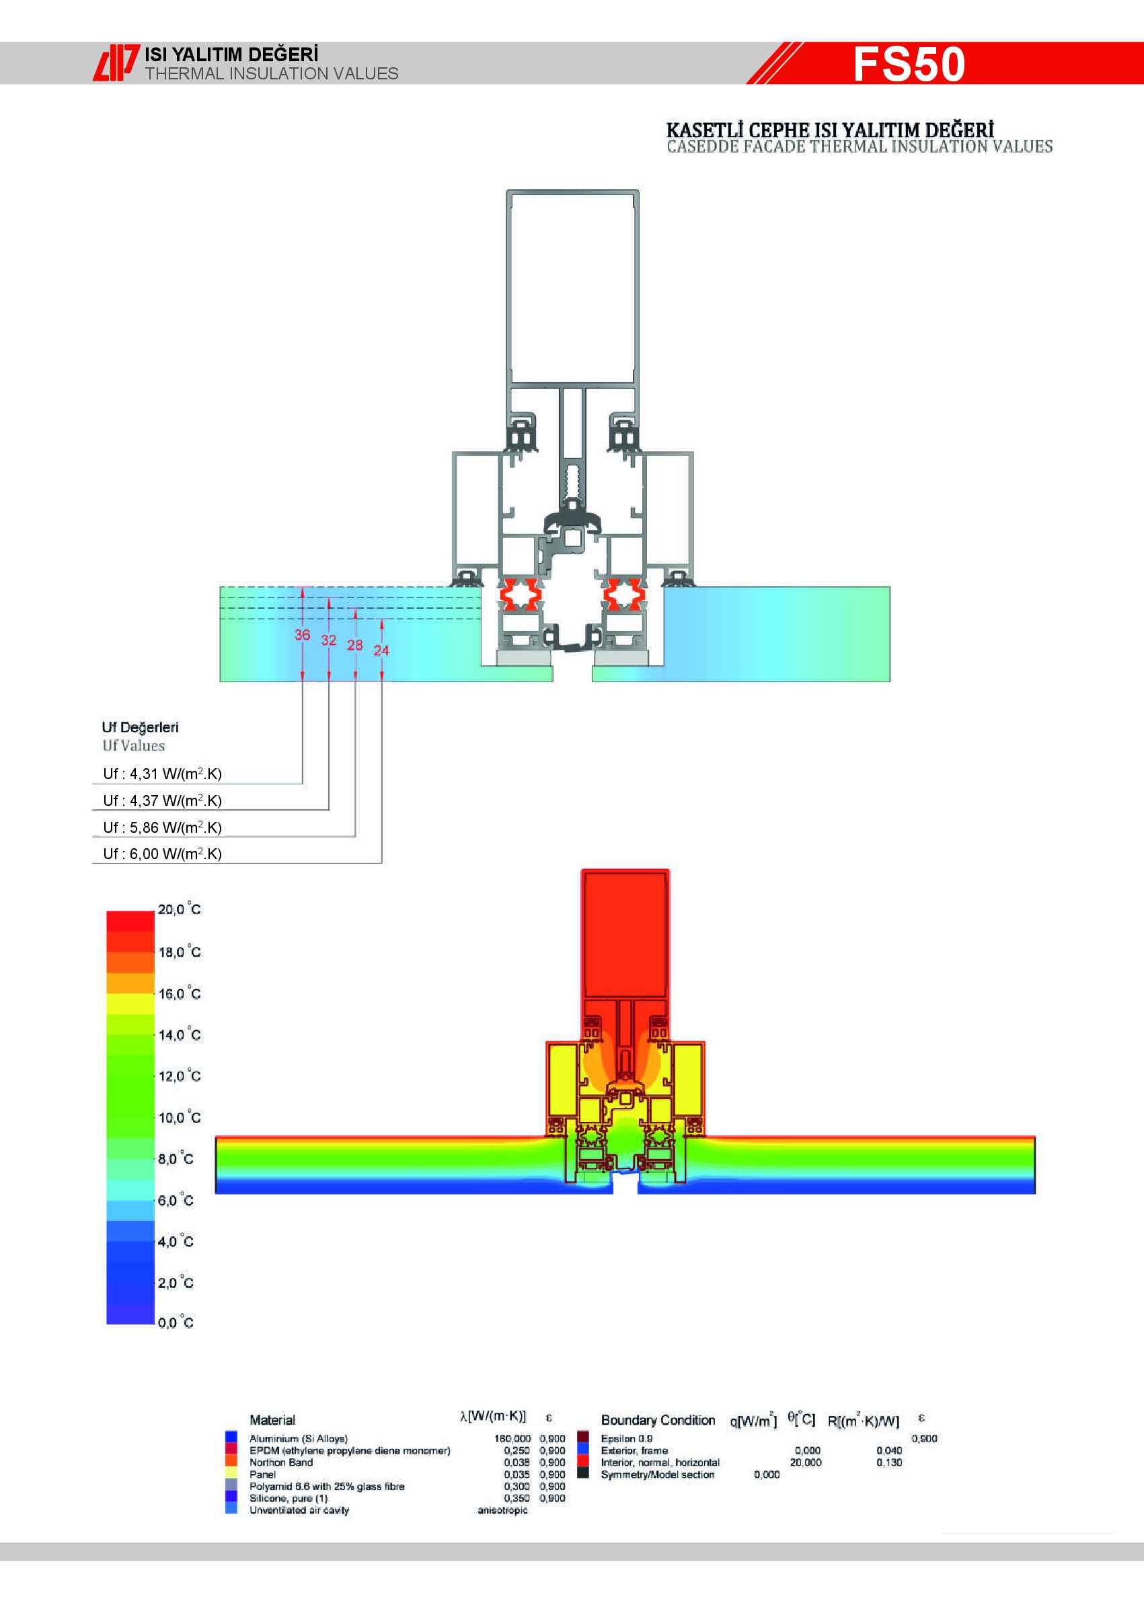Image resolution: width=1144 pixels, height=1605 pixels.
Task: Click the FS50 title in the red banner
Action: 909,64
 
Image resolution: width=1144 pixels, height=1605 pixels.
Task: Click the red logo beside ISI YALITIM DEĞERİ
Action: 116,63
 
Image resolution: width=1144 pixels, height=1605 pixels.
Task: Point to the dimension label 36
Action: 302,635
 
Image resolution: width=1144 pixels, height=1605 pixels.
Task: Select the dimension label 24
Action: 381,650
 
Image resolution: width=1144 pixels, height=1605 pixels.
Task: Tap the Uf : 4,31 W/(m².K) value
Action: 162,774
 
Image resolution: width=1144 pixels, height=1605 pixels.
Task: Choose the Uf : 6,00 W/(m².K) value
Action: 162,854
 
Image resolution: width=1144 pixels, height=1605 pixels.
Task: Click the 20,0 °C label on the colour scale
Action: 179,909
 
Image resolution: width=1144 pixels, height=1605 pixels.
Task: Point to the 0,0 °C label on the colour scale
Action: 176,1322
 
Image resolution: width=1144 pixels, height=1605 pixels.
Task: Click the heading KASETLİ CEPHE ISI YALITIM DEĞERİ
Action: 830,130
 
